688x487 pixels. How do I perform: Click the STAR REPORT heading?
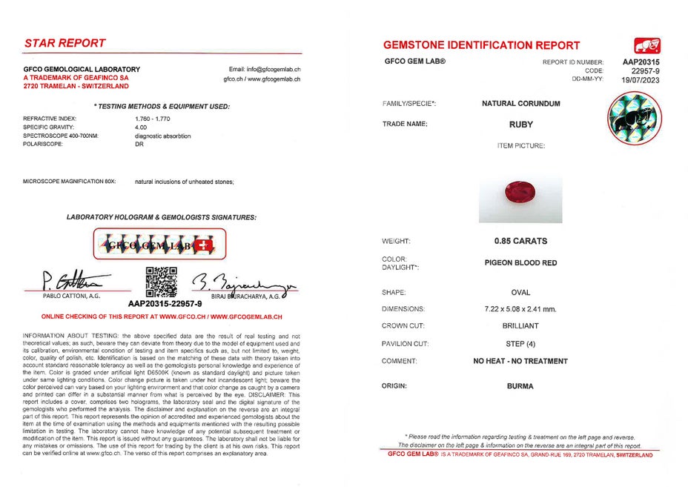coord(65,43)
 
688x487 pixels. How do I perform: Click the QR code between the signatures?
coord(161,281)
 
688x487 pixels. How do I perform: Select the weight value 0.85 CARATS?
coord(520,241)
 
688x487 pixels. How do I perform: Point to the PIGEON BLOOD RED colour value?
coord(520,262)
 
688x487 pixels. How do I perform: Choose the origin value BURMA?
coord(520,386)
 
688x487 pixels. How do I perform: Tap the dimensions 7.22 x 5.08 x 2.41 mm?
coord(520,308)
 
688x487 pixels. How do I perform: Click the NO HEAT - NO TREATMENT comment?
coord(520,361)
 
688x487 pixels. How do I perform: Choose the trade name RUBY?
coord(520,125)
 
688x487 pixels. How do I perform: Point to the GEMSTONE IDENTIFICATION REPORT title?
coord(482,45)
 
